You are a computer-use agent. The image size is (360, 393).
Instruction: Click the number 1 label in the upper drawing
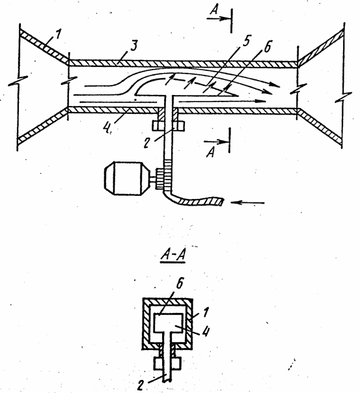[x=58, y=34]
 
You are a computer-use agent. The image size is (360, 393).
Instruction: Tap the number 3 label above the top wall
[x=134, y=46]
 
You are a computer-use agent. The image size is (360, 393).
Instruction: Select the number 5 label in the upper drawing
[x=247, y=41]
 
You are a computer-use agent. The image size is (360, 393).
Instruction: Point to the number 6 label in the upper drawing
[x=268, y=46]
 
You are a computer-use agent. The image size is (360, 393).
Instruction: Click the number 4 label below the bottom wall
[x=107, y=128]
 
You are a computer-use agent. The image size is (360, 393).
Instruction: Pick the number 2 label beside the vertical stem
[x=147, y=143]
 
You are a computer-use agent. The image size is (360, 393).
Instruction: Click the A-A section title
[x=173, y=256]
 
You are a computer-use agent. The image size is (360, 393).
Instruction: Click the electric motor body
[x=127, y=178]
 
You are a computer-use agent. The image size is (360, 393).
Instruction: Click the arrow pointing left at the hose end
[x=247, y=202]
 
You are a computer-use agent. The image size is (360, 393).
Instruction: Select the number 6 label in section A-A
[x=180, y=284]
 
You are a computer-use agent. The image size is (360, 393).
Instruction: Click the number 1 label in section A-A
[x=206, y=312]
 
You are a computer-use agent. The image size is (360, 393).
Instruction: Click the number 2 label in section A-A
[x=141, y=385]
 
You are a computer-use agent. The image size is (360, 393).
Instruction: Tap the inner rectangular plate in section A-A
[x=169, y=323]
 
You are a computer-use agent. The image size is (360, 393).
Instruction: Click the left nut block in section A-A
[x=159, y=363]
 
